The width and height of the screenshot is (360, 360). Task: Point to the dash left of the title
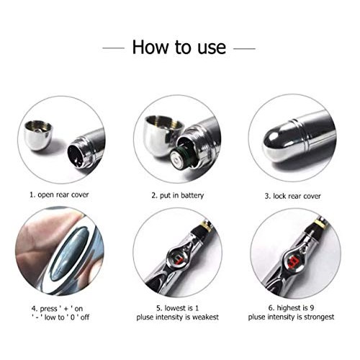[114, 49]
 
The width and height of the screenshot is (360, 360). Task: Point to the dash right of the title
[245, 49]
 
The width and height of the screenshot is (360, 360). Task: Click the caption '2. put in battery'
[180, 194]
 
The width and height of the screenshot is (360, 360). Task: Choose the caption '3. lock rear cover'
[294, 194]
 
